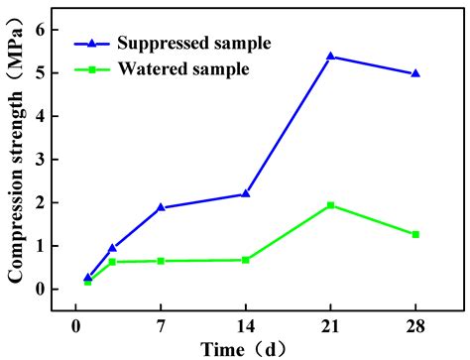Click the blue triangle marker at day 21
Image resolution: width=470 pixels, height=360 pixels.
[x=330, y=57]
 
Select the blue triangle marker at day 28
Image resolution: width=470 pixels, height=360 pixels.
[x=414, y=73]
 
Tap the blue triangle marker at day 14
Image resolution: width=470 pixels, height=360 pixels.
[x=245, y=193]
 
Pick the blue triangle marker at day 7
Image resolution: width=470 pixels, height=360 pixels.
[x=161, y=207]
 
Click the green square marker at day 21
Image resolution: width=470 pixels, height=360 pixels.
[x=330, y=205]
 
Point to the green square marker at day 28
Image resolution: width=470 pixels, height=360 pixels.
[x=414, y=234]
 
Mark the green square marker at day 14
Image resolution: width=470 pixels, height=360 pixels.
[x=245, y=260]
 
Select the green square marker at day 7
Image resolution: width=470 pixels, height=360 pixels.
[x=161, y=261]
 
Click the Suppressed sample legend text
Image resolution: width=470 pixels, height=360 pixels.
[x=193, y=44]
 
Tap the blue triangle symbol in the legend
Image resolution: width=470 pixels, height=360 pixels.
[x=92, y=44]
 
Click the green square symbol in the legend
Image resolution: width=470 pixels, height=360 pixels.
[x=92, y=68]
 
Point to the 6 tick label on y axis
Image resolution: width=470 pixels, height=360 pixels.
[x=40, y=30]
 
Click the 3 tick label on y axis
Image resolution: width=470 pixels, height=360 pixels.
[x=40, y=160]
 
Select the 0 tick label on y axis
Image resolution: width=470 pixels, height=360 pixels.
[x=40, y=290]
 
